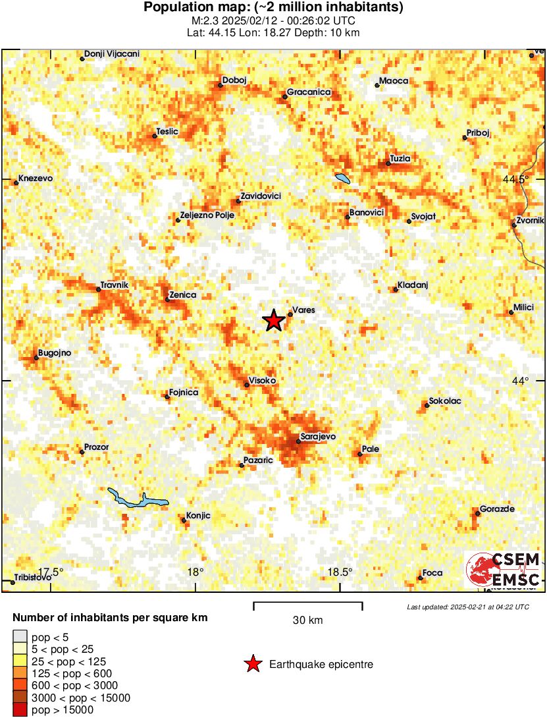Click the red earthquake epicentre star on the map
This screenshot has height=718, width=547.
pos(274,321)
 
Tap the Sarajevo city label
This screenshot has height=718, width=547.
pos(318,437)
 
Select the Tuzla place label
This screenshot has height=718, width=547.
pos(400,159)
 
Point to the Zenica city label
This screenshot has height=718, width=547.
pos(182,295)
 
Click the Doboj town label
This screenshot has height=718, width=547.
pos(234,80)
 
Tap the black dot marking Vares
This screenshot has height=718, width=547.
pos(290,315)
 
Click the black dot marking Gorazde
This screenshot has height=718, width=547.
pos(478,514)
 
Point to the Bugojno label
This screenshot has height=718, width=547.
pos(55,353)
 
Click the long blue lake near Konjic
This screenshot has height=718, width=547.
pos(137,499)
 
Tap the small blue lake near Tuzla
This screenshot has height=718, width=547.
pos(342,178)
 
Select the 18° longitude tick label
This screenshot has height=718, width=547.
pos(195,571)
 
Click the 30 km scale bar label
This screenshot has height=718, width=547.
pos(307,621)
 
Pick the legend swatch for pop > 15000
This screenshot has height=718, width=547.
pos(20,709)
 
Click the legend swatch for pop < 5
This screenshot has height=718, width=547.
pos(20,637)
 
